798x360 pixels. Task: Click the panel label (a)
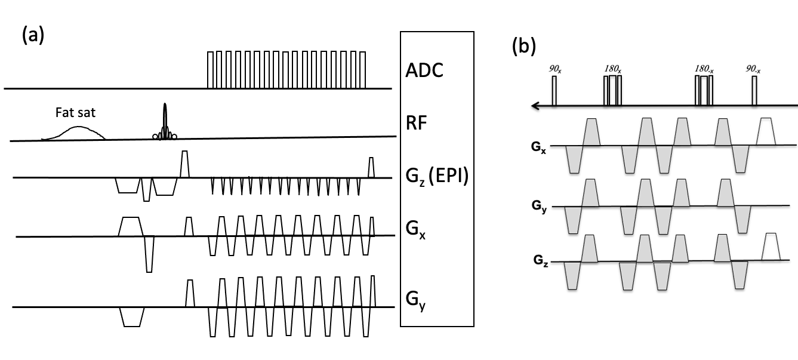pos(33,36)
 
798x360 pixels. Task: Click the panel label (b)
pos(523,47)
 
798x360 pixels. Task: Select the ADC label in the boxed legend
pos(424,70)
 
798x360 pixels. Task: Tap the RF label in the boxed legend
pos(416,122)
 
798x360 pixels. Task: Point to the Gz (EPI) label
pos(437,176)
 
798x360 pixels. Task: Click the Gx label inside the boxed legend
pos(415,230)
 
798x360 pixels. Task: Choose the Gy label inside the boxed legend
pos(415,301)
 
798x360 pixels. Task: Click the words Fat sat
pos(76,113)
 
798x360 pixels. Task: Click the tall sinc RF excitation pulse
pos(165,121)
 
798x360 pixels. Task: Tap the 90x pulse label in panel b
pos(554,69)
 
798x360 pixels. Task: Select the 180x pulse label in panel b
pos(612,69)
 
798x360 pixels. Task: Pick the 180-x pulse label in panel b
pos(704,69)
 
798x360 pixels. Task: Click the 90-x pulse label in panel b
pos(753,69)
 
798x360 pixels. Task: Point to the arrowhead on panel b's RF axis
pos(535,106)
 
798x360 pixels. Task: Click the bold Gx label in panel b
pos(538,147)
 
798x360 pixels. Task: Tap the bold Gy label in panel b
pos(539,207)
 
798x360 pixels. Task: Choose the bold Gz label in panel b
pos(541,260)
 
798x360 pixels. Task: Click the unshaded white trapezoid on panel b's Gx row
pos(766,131)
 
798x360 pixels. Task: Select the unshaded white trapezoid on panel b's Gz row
pos(771,247)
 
